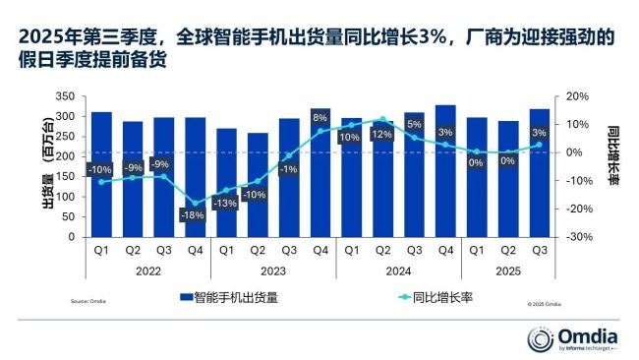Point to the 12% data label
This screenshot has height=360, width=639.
(x=382, y=135)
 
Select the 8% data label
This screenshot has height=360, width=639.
(x=319, y=118)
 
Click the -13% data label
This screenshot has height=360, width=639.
(x=226, y=204)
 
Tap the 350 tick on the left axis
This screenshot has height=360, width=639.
(x=66, y=97)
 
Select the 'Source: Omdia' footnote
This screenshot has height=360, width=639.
(x=88, y=302)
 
